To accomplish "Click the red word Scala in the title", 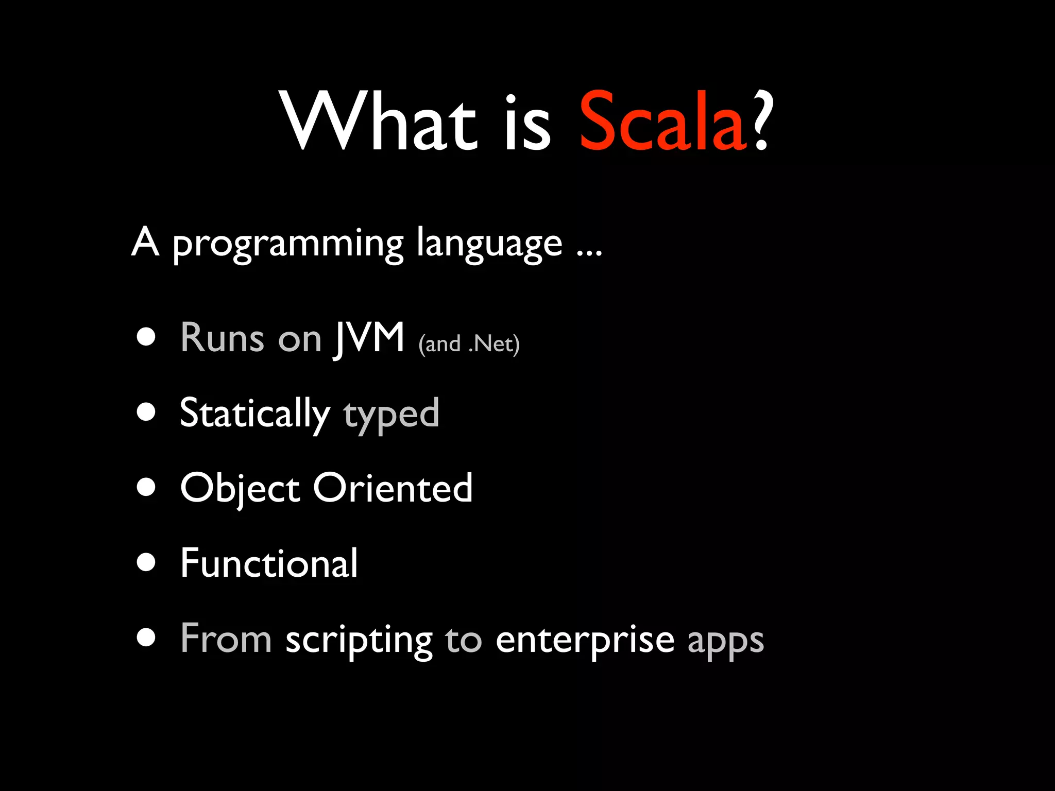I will tap(662, 123).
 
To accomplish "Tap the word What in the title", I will tap(379, 123).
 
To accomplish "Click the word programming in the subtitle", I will tap(287, 245).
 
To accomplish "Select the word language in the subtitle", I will tap(489, 245).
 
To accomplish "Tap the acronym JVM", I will tap(370, 338).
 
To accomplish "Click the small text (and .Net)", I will tap(469, 344).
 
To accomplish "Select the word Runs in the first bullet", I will tap(222, 338).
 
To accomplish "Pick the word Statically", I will tap(254, 414).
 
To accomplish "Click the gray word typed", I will tap(392, 415).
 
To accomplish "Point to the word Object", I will tap(240, 489).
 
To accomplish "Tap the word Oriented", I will tap(393, 488).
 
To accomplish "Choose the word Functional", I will tap(268, 563).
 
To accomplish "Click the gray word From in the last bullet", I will tap(226, 639).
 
